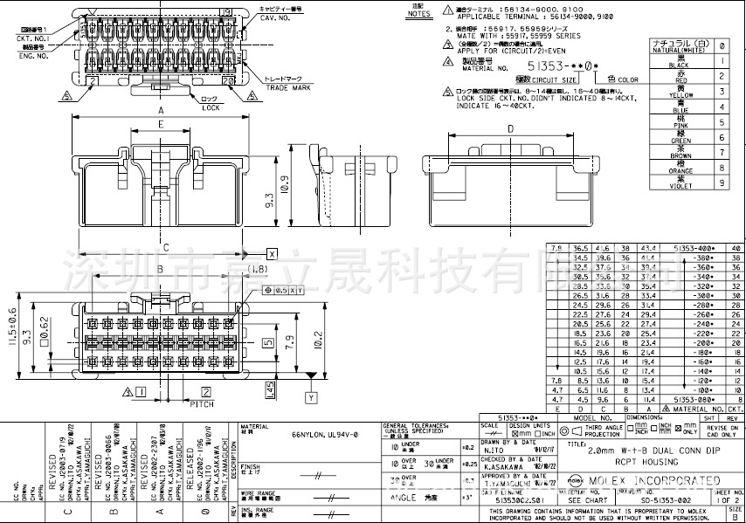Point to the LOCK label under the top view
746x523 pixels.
coord(211,107)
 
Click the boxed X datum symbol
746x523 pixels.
coord(272,253)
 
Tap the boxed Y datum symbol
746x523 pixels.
coord(309,397)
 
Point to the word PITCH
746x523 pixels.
coord(202,404)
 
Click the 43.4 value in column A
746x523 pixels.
coord(649,249)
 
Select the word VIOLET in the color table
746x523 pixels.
coord(680,186)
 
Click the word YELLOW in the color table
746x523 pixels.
coord(680,95)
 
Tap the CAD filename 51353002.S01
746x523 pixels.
coord(507,500)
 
